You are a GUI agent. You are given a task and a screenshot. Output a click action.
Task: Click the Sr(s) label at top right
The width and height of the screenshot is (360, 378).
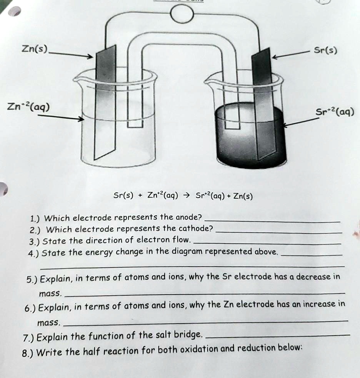(x=325, y=50)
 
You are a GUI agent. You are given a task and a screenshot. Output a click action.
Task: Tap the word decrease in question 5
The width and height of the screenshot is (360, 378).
(x=314, y=277)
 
